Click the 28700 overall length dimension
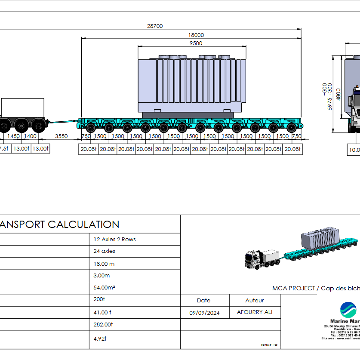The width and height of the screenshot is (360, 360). [x=155, y=26]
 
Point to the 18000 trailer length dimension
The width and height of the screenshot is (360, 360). [x=196, y=35]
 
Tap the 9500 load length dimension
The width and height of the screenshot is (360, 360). [x=196, y=43]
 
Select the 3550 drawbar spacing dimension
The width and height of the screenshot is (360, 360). [x=62, y=136]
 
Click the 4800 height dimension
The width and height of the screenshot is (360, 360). [x=338, y=93]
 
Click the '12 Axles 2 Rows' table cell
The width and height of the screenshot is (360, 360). [x=114, y=239]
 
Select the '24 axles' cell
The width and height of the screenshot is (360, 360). [x=105, y=251]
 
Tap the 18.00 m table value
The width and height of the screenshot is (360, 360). [x=104, y=264]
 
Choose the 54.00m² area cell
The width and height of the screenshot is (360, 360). [x=106, y=288]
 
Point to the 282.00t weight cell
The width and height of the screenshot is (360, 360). [x=103, y=324]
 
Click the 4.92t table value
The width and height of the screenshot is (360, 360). [x=100, y=338]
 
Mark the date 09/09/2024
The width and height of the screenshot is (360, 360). [x=204, y=313]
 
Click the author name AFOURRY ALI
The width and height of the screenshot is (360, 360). [x=255, y=312]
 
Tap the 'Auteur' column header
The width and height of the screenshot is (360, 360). [x=255, y=300]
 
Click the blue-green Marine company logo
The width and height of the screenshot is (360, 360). [x=348, y=310]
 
